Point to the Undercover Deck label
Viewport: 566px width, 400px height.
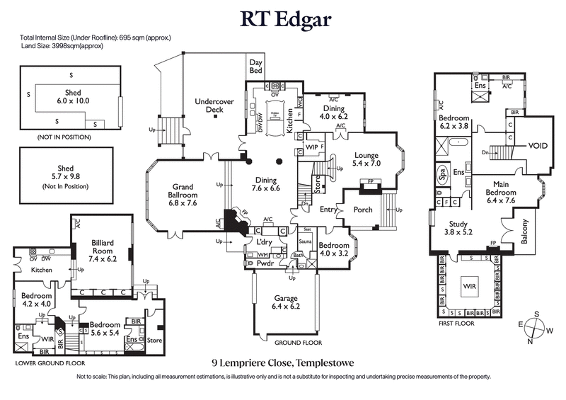pyautogui.click(x=214, y=106)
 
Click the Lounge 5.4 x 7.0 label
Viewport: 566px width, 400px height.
pyautogui.click(x=366, y=159)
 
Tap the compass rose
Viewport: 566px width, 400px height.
pyautogui.click(x=535, y=328)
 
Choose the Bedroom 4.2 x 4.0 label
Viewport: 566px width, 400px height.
pyautogui.click(x=35, y=299)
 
